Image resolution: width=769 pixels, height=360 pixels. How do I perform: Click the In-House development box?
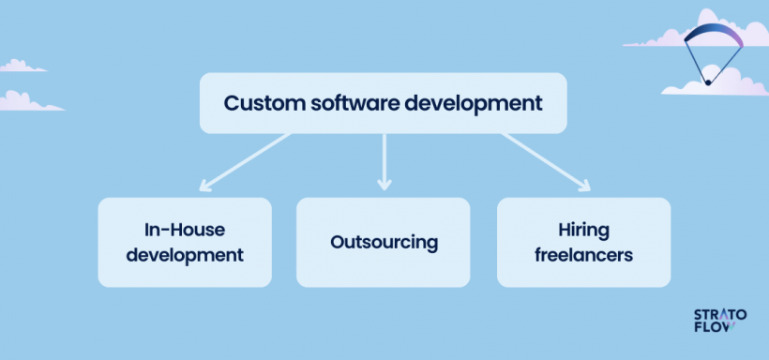pyautogui.click(x=185, y=242)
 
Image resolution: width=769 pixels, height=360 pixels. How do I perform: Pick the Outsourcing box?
pyautogui.click(x=384, y=242)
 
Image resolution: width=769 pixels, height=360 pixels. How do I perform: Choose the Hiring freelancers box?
pyautogui.click(x=583, y=242)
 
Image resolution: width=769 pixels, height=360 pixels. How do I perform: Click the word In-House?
pyautogui.click(x=185, y=230)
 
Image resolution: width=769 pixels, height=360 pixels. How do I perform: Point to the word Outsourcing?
pyautogui.click(x=384, y=242)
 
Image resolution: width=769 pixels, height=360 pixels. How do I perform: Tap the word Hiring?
pyautogui.click(x=583, y=230)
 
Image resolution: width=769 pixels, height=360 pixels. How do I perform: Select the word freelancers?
pyautogui.click(x=583, y=254)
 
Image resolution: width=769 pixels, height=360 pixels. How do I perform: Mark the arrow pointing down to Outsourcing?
pyautogui.click(x=383, y=161)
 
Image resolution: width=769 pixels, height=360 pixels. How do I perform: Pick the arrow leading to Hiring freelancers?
pyautogui.click(x=546, y=161)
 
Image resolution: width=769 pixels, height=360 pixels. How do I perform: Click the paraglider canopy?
pyautogui.click(x=713, y=36)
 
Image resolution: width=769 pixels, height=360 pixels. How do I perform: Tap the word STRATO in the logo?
pyautogui.click(x=719, y=316)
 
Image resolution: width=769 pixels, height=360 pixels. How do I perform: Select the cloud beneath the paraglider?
pyautogui.click(x=716, y=82)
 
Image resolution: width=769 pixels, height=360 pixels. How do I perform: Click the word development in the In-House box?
pyautogui.click(x=185, y=254)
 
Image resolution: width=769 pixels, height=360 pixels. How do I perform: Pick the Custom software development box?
pyautogui.click(x=384, y=103)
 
